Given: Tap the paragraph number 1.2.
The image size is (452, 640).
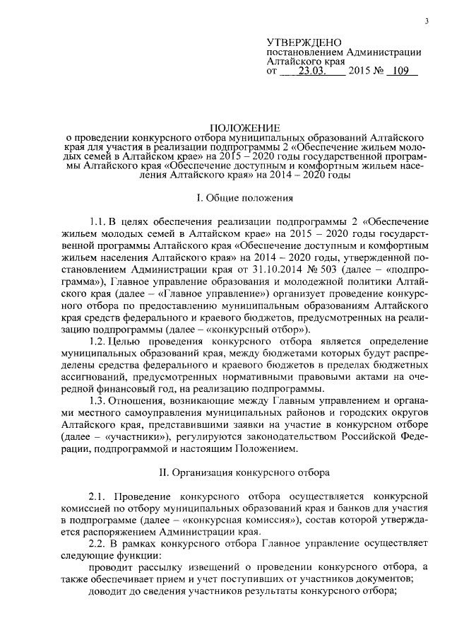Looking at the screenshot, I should [x=99, y=340].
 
